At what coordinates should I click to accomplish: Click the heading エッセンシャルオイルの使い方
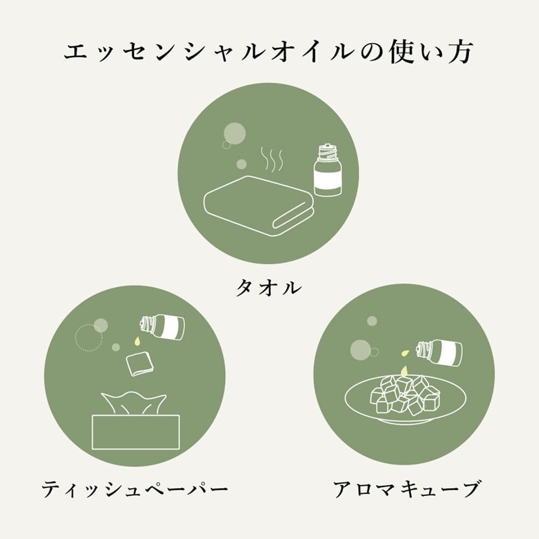coord(269,53)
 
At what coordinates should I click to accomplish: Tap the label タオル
coord(268,288)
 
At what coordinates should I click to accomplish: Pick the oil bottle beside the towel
coord(327,172)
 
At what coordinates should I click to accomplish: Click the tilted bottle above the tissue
coord(163,327)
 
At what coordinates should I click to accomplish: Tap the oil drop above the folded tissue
coord(137,343)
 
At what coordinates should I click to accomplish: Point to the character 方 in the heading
coord(460,53)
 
